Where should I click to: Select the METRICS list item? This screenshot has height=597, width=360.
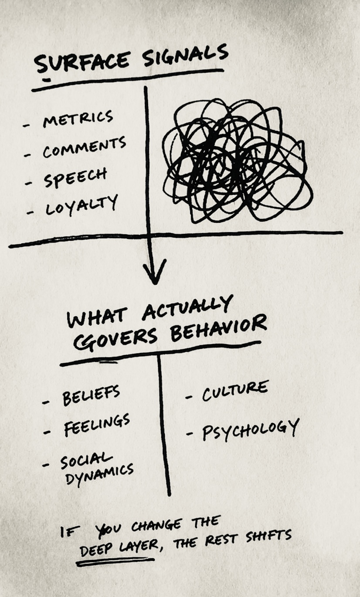tap(78, 119)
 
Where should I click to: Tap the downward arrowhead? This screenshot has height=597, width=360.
tap(155, 272)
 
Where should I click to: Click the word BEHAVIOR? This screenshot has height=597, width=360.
tap(218, 329)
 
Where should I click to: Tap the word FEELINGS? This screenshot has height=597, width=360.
tap(97, 426)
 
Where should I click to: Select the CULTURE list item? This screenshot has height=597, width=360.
tap(234, 391)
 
